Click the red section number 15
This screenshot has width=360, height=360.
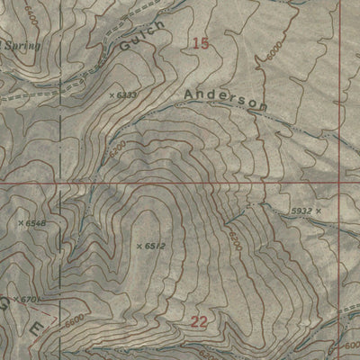click(x=202, y=43)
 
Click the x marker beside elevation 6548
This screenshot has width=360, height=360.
click(x=20, y=221)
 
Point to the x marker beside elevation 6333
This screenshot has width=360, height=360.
click(x=111, y=94)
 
